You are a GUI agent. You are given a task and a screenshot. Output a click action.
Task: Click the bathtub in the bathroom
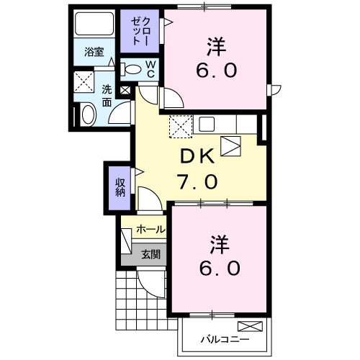click(x=95, y=26)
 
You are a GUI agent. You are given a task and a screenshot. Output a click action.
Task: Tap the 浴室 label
click(x=94, y=52)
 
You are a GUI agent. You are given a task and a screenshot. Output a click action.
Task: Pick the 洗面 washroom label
click(x=107, y=95)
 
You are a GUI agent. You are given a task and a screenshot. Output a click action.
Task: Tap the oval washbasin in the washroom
click(x=87, y=114)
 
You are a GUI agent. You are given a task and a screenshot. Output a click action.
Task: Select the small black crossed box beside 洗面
click(x=126, y=91)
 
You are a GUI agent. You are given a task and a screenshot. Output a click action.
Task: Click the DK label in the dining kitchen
click(x=195, y=156)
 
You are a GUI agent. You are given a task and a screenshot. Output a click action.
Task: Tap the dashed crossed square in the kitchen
click(x=180, y=126)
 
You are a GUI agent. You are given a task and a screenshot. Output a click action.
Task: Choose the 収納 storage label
click(x=120, y=186)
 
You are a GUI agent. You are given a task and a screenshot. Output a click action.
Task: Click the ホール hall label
click(x=150, y=230)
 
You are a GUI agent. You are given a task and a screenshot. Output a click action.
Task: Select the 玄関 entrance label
click(x=150, y=253)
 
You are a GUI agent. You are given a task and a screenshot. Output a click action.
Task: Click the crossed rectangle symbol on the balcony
click(x=257, y=325)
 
